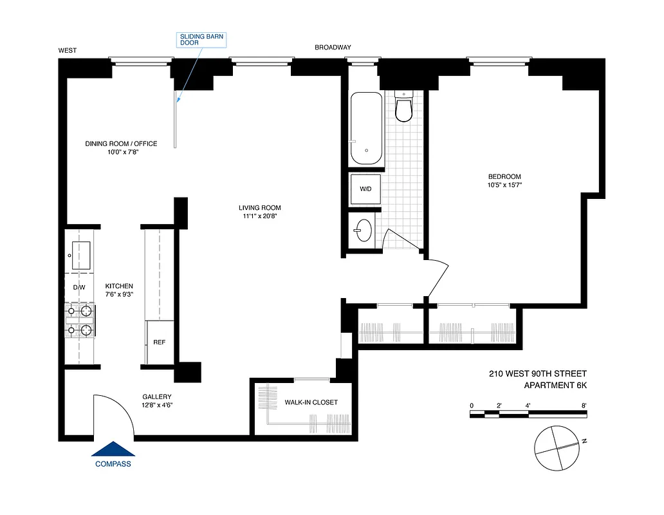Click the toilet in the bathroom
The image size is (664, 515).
pyautogui.click(x=403, y=108)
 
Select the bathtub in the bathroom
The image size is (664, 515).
pyautogui.click(x=367, y=129)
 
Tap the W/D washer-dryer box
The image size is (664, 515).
pyautogui.click(x=365, y=189)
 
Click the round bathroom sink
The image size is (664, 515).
pyautogui.click(x=364, y=230)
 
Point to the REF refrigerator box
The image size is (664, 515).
pyautogui.click(x=159, y=342)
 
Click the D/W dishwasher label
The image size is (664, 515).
pyautogui.click(x=79, y=287)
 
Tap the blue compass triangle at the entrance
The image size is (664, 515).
pyautogui.click(x=113, y=449)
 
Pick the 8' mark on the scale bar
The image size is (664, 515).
pyautogui.click(x=584, y=406)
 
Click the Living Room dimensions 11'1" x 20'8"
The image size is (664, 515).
pyautogui.click(x=260, y=216)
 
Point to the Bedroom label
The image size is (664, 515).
pyautogui.click(x=504, y=177)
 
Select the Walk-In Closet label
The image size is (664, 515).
pyautogui.click(x=311, y=402)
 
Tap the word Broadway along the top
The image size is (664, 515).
pyautogui.click(x=333, y=48)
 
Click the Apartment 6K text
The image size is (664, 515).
pyautogui.click(x=556, y=385)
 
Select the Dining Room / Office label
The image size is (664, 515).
pyautogui.click(x=121, y=144)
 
